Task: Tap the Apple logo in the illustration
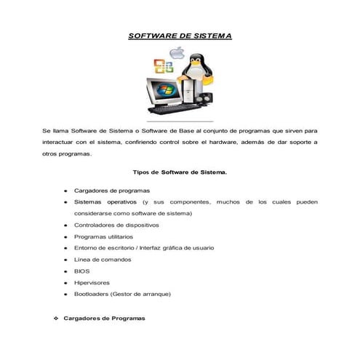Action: click(x=177, y=52)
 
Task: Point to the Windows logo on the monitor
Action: click(x=169, y=93)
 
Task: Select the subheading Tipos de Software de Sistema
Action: click(x=180, y=172)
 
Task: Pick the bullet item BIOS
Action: click(x=81, y=271)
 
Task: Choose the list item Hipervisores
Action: click(x=92, y=283)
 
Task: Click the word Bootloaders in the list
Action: click(x=92, y=295)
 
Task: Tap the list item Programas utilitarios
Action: click(x=104, y=236)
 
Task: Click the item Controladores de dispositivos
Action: click(x=116, y=225)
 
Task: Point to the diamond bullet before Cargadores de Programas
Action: click(x=56, y=319)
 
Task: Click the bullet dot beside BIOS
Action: click(x=65, y=271)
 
